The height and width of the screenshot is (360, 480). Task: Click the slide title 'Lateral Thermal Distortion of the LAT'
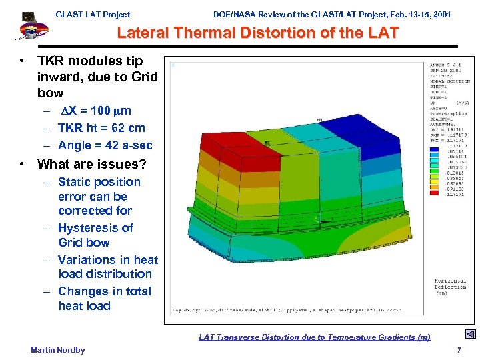(x=258, y=33)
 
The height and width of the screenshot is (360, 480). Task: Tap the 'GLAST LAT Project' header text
(x=93, y=14)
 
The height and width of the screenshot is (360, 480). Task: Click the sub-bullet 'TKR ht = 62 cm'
(x=101, y=128)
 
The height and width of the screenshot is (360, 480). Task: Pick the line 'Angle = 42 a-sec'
(x=105, y=145)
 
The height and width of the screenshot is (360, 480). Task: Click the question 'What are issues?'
(x=91, y=164)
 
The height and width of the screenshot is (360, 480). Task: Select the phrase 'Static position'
(x=99, y=182)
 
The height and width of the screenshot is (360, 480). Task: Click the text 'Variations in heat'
(x=107, y=260)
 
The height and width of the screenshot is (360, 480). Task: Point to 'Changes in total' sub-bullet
(x=104, y=291)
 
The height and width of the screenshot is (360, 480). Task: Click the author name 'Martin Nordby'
(x=58, y=350)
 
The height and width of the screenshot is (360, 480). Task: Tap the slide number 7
(x=459, y=350)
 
